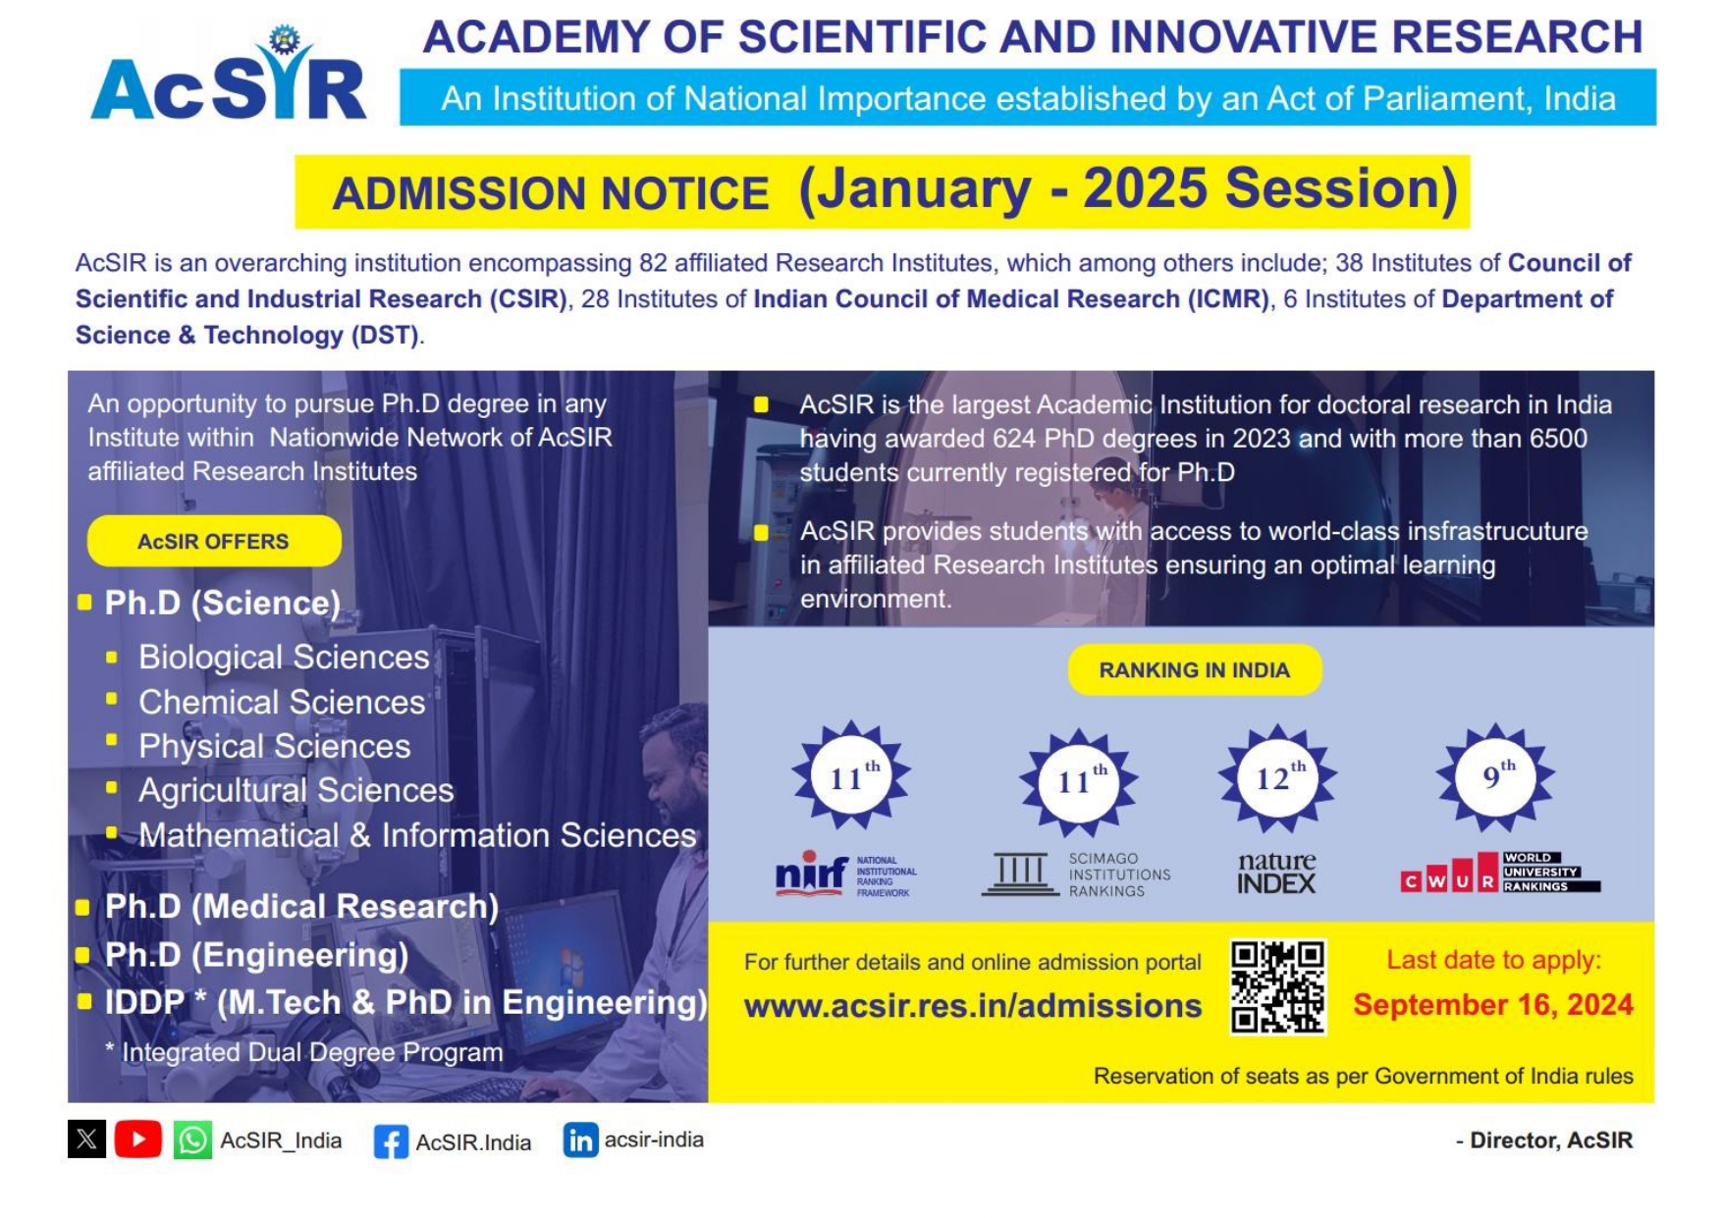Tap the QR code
[x=1277, y=986]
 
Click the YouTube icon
[x=137, y=1139]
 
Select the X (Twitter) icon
[x=86, y=1139]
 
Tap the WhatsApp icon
[x=192, y=1139]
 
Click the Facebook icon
[x=391, y=1141]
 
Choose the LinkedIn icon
[x=580, y=1139]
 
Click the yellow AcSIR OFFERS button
[x=214, y=541]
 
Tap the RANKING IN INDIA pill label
[x=1194, y=669]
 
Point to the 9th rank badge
[x=1495, y=776]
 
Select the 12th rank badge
[x=1277, y=776]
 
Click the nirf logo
[x=811, y=873]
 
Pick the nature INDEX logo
[x=1276, y=873]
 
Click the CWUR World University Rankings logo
[x=1499, y=873]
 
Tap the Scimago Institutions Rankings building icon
[x=1019, y=873]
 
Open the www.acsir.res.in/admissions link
[x=972, y=1006]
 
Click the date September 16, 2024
[x=1492, y=1004]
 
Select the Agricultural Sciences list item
[x=296, y=790]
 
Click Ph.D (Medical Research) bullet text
[x=301, y=906]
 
